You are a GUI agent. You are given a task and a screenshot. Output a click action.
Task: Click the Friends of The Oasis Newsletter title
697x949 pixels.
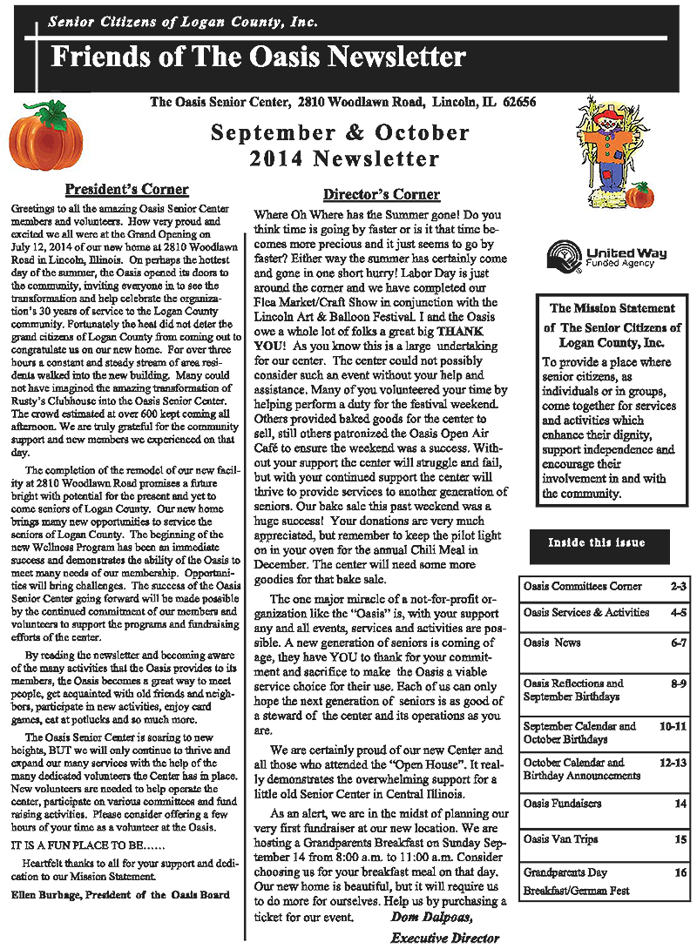[x=258, y=58]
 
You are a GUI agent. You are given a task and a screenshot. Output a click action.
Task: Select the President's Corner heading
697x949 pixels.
[x=127, y=190]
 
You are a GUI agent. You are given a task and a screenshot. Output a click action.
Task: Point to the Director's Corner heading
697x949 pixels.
[x=381, y=194]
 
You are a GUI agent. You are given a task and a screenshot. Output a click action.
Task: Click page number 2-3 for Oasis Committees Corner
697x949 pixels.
[x=678, y=587]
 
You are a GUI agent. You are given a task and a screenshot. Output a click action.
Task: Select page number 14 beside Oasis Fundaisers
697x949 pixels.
[x=680, y=803]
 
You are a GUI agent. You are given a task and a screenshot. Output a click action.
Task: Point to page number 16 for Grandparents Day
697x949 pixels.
[x=680, y=872]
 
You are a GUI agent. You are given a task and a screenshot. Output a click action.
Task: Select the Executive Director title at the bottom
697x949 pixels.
[x=444, y=938]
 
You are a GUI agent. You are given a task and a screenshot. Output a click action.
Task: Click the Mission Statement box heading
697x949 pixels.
[x=612, y=308]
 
